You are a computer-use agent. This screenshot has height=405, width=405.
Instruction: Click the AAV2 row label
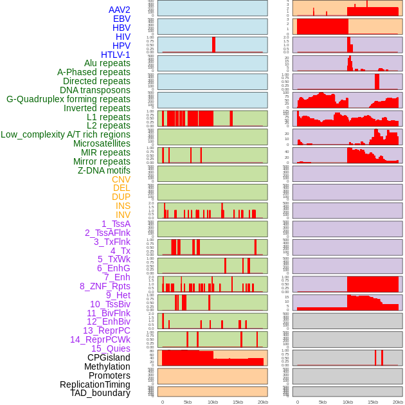(120, 10)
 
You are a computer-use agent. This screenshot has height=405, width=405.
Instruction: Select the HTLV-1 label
(116, 55)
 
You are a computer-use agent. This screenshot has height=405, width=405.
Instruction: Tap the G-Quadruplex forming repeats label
(68, 99)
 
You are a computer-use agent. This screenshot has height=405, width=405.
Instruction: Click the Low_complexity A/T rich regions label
(66, 134)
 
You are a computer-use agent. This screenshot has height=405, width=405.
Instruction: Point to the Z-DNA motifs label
(104, 170)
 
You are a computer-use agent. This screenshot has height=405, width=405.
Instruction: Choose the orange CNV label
(121, 179)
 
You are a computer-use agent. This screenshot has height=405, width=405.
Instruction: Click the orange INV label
(123, 215)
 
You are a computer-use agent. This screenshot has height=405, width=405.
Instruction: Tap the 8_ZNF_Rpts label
(105, 286)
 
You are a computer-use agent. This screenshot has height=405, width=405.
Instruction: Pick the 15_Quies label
(111, 348)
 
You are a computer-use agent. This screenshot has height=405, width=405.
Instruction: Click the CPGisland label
(109, 357)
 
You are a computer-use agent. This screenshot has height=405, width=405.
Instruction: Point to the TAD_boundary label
(100, 393)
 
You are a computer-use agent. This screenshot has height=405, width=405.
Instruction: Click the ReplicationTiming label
(95, 384)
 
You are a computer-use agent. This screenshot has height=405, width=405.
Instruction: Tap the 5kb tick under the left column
(188, 402)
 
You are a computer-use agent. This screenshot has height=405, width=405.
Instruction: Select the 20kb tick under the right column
(398, 402)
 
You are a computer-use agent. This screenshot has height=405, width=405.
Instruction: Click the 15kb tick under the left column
(238, 402)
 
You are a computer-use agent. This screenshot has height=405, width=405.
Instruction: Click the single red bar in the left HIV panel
(214, 44)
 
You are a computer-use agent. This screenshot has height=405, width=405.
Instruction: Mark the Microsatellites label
(102, 143)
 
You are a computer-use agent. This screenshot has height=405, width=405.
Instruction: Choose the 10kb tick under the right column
(348, 402)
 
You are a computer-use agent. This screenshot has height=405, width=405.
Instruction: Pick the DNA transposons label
(95, 90)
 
